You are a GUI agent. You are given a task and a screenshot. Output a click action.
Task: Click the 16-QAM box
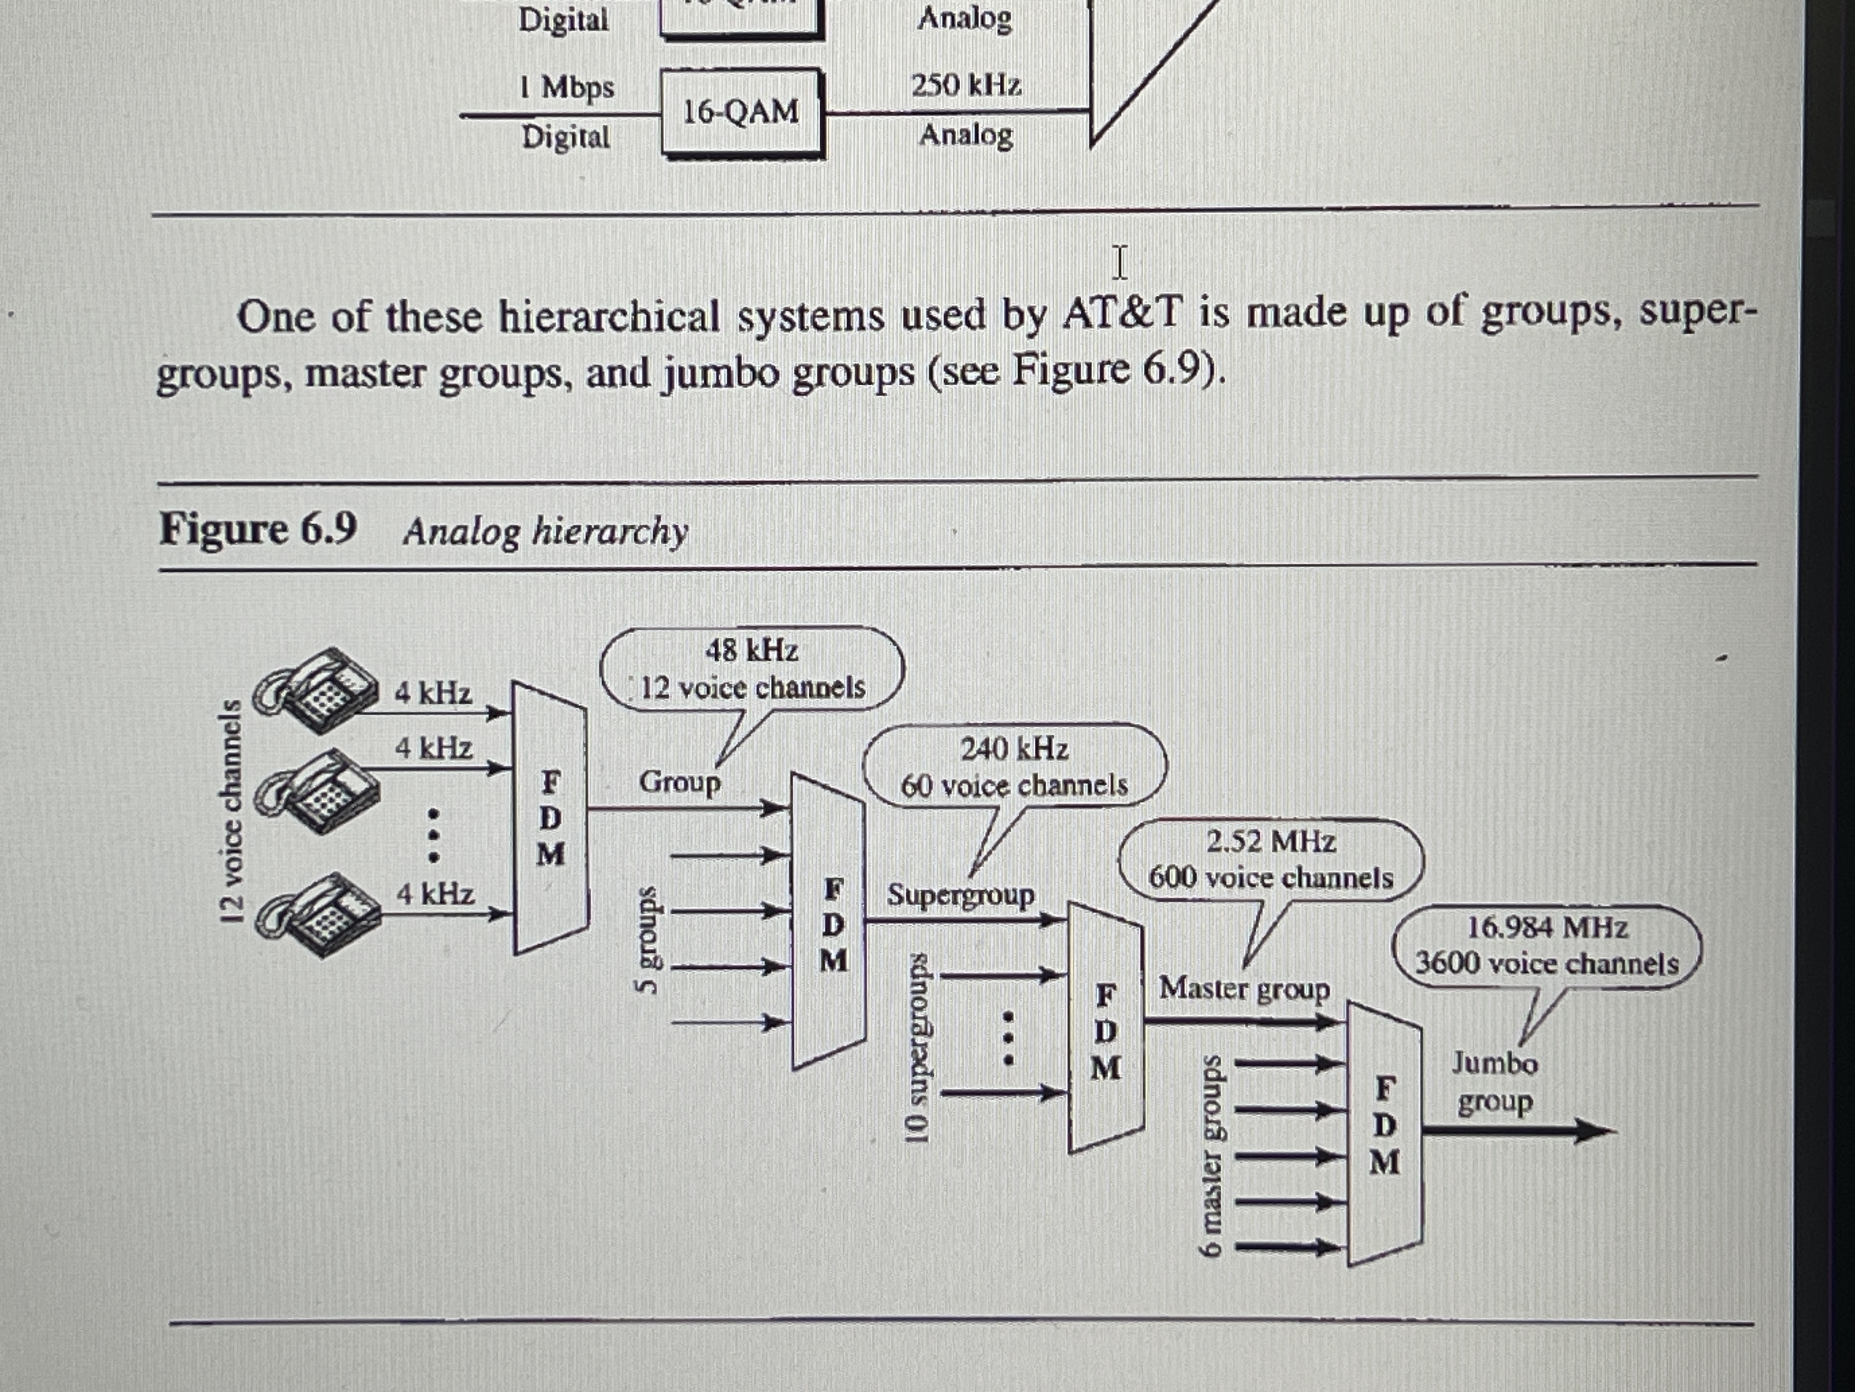coord(741,112)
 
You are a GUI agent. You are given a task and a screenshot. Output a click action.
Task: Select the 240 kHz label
coord(1014,748)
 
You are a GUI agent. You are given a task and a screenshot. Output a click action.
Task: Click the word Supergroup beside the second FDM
coord(960,895)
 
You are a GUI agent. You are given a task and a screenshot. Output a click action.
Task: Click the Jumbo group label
coord(1494,1082)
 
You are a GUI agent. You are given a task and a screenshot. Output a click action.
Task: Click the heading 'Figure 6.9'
coord(258,528)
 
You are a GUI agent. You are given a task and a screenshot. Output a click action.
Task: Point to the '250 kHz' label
coord(966,86)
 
